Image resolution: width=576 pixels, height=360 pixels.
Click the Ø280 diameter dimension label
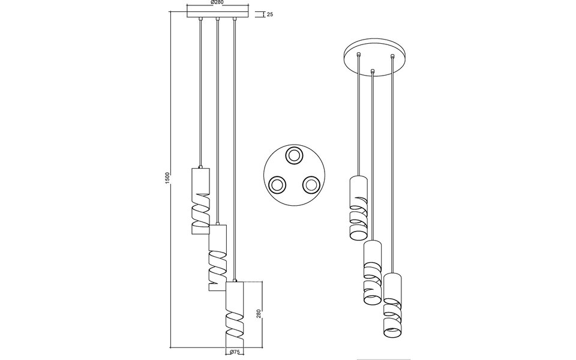click(x=218, y=3)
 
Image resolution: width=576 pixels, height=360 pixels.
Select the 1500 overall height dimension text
click(x=168, y=178)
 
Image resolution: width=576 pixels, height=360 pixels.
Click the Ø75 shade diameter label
click(x=235, y=353)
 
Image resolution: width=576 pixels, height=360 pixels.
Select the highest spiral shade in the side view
click(x=200, y=201)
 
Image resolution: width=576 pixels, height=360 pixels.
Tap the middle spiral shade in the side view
click(x=217, y=258)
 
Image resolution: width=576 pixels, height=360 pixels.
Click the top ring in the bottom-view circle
click(x=294, y=156)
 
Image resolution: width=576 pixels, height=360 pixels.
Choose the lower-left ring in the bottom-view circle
click(x=277, y=185)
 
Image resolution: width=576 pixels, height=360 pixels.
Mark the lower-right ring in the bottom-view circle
click(x=311, y=185)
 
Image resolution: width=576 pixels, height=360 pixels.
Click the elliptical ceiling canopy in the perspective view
click(x=375, y=56)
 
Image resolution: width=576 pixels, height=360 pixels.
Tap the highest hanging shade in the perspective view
click(x=358, y=208)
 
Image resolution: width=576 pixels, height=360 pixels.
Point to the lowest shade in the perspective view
click(x=392, y=306)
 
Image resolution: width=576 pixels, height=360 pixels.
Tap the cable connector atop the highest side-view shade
click(x=200, y=166)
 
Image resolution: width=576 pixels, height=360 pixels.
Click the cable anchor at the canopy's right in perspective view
click(x=392, y=57)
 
